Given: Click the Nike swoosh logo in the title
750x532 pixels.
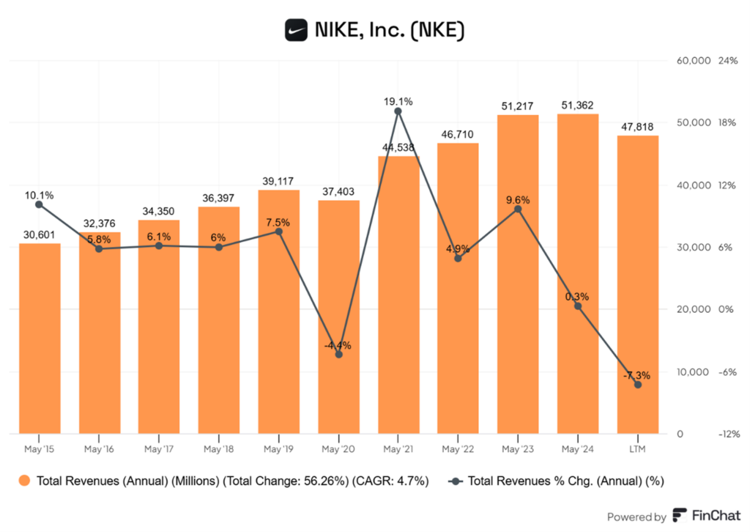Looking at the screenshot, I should (296, 30).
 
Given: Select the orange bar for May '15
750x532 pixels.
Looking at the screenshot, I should (40, 337).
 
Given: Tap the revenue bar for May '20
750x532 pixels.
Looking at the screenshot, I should (338, 315).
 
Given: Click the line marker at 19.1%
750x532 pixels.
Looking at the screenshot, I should (398, 111).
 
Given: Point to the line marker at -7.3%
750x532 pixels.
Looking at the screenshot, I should (637, 385).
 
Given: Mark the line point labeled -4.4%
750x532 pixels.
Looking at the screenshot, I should (338, 355).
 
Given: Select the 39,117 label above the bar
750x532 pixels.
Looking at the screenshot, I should (278, 181).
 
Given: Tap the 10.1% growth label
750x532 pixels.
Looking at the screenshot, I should (38, 196).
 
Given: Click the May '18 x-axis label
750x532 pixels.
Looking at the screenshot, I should (218, 448).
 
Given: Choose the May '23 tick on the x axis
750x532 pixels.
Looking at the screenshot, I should (517, 448).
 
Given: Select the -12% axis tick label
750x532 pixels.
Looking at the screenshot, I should (729, 435).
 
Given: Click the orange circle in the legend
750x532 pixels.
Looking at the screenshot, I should (26, 481).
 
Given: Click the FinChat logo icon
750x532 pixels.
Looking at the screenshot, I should (680, 515).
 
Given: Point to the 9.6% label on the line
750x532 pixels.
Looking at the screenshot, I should (518, 199).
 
